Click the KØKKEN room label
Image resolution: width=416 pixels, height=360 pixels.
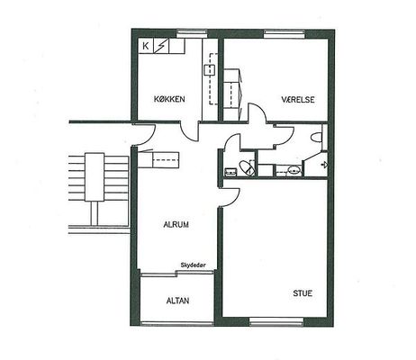(x=169, y=99)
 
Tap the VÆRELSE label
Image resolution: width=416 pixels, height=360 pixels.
(x=298, y=99)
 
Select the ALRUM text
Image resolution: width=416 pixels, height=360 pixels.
(x=176, y=224)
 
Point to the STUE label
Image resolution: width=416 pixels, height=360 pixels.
(x=303, y=293)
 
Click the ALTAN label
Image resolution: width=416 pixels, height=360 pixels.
(x=177, y=301)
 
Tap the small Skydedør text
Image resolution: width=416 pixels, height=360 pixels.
(x=194, y=265)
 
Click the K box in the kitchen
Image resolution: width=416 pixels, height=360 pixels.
(x=146, y=46)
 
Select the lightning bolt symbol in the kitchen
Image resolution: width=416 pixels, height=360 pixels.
(x=161, y=46)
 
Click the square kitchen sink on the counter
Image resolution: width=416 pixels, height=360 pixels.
(x=210, y=70)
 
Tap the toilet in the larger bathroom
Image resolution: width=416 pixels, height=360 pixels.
(x=316, y=138)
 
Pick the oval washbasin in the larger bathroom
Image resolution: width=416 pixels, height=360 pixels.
(x=294, y=170)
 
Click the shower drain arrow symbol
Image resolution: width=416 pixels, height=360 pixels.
(x=324, y=165)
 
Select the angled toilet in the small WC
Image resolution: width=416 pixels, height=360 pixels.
(x=248, y=167)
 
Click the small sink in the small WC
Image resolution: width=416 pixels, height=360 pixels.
(x=231, y=172)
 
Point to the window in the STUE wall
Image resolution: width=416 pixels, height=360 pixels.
(x=276, y=322)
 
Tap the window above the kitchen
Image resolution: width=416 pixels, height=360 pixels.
(x=192, y=33)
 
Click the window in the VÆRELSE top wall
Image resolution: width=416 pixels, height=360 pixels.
(x=285, y=34)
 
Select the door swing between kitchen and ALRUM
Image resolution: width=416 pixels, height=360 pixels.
(x=190, y=132)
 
